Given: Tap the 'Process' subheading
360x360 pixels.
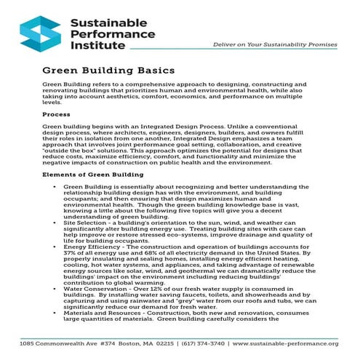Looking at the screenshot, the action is point(56,115).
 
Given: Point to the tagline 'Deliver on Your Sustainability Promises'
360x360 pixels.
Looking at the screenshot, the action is point(274,45).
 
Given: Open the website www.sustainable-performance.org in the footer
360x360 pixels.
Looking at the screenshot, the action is point(290,343).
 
